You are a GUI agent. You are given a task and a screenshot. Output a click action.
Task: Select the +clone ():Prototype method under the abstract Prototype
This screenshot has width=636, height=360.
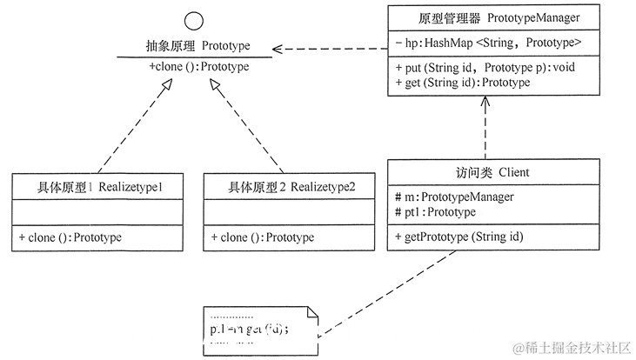pos(198,66)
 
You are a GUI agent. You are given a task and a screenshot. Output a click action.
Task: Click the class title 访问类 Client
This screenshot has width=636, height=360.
pos(493,172)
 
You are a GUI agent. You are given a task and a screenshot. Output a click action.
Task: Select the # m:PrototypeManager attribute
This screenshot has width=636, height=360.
pos(453,197)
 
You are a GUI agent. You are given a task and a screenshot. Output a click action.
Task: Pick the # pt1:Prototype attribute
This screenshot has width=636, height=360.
pos(435,211)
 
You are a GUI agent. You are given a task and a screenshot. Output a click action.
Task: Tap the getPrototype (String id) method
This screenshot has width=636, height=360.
pos(456,237)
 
